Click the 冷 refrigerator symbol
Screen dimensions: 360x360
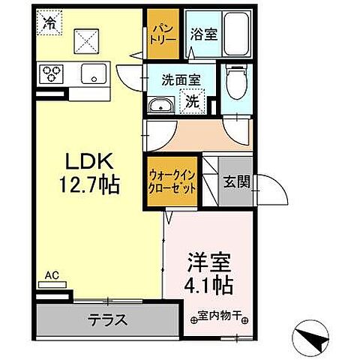(x=48, y=23)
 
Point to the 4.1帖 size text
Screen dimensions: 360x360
(x=209, y=285)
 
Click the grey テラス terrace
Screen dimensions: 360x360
(x=109, y=318)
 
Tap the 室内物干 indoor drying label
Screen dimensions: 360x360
(x=218, y=316)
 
